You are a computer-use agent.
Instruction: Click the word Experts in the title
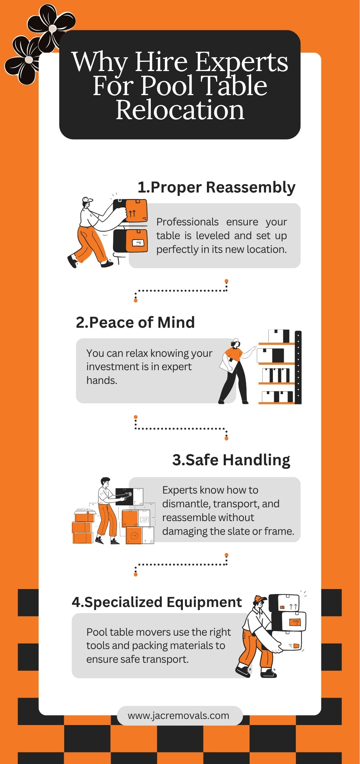[242, 63]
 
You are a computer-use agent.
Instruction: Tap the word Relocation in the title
[180, 110]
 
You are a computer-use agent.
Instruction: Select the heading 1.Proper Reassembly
[216, 188]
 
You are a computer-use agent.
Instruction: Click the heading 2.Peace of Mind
[135, 322]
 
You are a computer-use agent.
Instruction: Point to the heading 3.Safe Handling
[231, 460]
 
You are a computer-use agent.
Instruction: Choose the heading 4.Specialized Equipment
[157, 602]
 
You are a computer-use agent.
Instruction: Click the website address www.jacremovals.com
[179, 715]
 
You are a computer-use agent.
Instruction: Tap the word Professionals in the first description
[187, 222]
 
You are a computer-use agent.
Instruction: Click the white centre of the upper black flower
[53, 28]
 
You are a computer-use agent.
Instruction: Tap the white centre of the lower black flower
[29, 60]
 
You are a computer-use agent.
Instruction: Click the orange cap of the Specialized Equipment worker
[260, 599]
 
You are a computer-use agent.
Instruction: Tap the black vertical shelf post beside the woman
[298, 367]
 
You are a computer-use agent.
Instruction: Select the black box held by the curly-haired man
[124, 496]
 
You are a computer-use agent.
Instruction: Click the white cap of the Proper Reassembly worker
[87, 199]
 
